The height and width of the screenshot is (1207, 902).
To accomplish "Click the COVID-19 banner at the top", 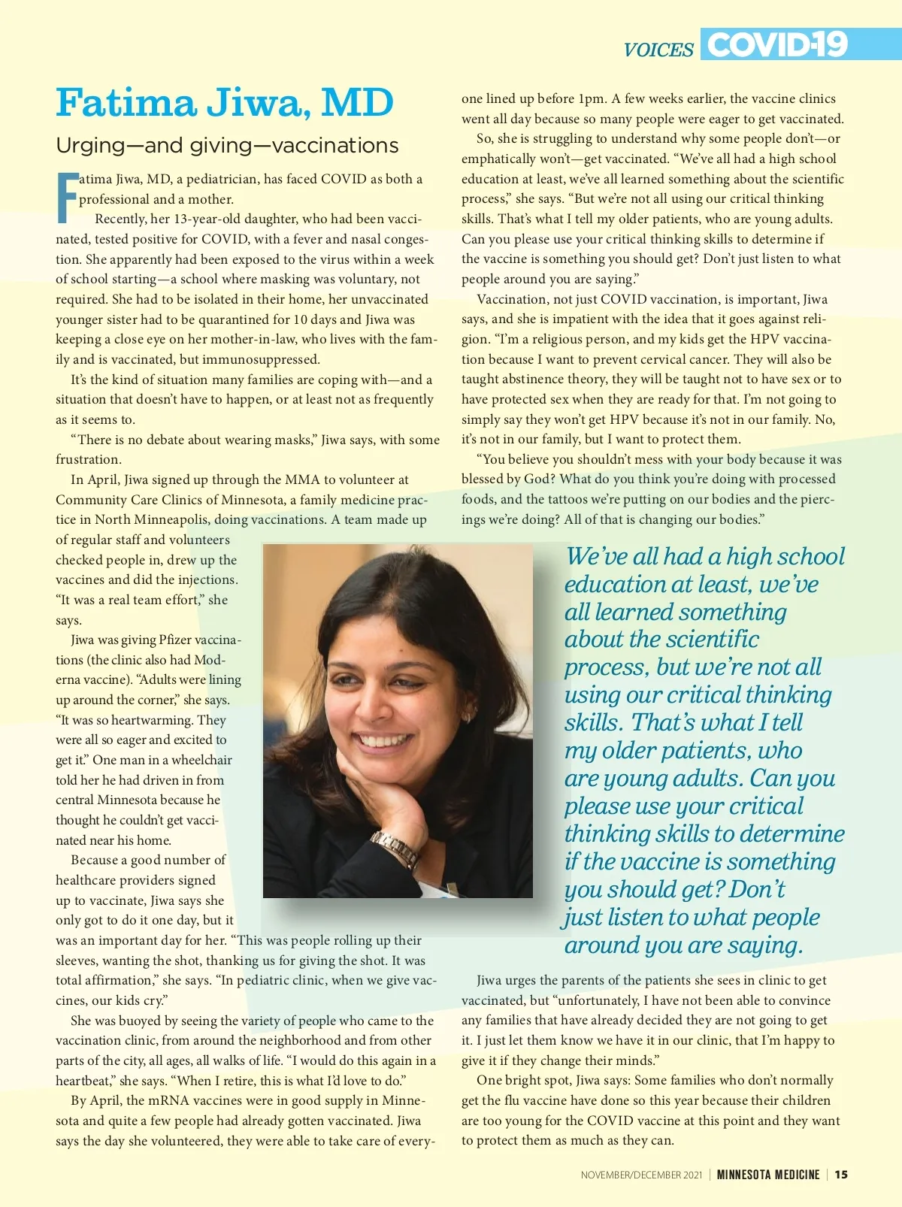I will (x=777, y=44).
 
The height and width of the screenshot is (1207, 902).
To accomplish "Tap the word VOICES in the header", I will (x=658, y=50).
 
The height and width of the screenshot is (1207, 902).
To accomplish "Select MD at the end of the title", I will (x=357, y=103).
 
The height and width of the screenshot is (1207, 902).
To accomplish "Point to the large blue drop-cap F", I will (x=67, y=198).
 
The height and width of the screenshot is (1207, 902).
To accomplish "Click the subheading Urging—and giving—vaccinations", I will (x=227, y=145).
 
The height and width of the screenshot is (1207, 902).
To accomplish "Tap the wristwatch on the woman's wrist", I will (x=395, y=850).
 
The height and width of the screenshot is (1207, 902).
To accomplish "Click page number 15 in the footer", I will (x=841, y=1174).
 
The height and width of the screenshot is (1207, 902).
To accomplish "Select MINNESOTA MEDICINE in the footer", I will (x=767, y=1174).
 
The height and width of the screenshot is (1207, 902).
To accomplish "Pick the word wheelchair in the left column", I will (x=201, y=760).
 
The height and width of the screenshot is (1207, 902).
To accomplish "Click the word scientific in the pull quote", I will (x=711, y=640).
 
